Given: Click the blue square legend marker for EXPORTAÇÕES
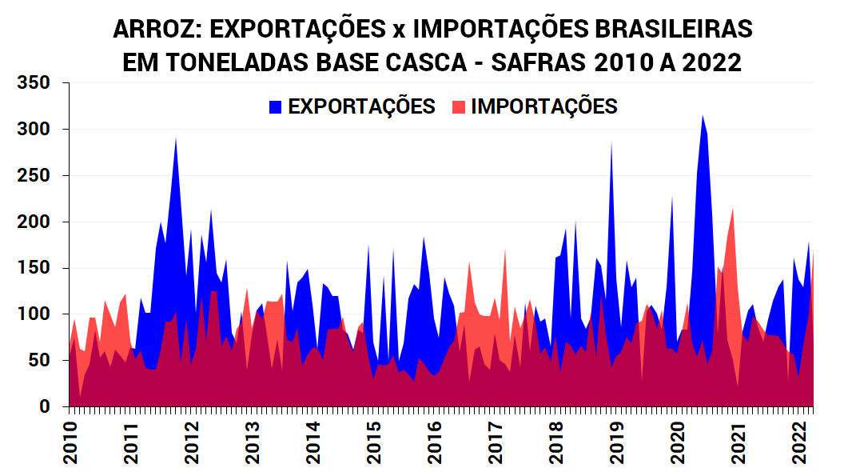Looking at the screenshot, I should click(276, 107).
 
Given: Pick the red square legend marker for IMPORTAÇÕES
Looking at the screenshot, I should click(459, 107).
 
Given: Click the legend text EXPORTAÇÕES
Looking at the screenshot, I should click(361, 107).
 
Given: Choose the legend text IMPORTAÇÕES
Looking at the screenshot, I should click(543, 107).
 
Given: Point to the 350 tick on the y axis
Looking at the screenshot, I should click(34, 82).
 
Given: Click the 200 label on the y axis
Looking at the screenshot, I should click(34, 222).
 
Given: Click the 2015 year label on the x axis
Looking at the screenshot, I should click(373, 442).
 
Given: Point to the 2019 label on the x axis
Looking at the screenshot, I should click(616, 442).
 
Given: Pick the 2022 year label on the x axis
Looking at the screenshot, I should click(798, 442).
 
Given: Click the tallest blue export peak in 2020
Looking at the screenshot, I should click(703, 118).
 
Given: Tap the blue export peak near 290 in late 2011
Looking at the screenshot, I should click(176, 140).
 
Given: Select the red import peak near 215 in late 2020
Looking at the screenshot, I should click(732, 210).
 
